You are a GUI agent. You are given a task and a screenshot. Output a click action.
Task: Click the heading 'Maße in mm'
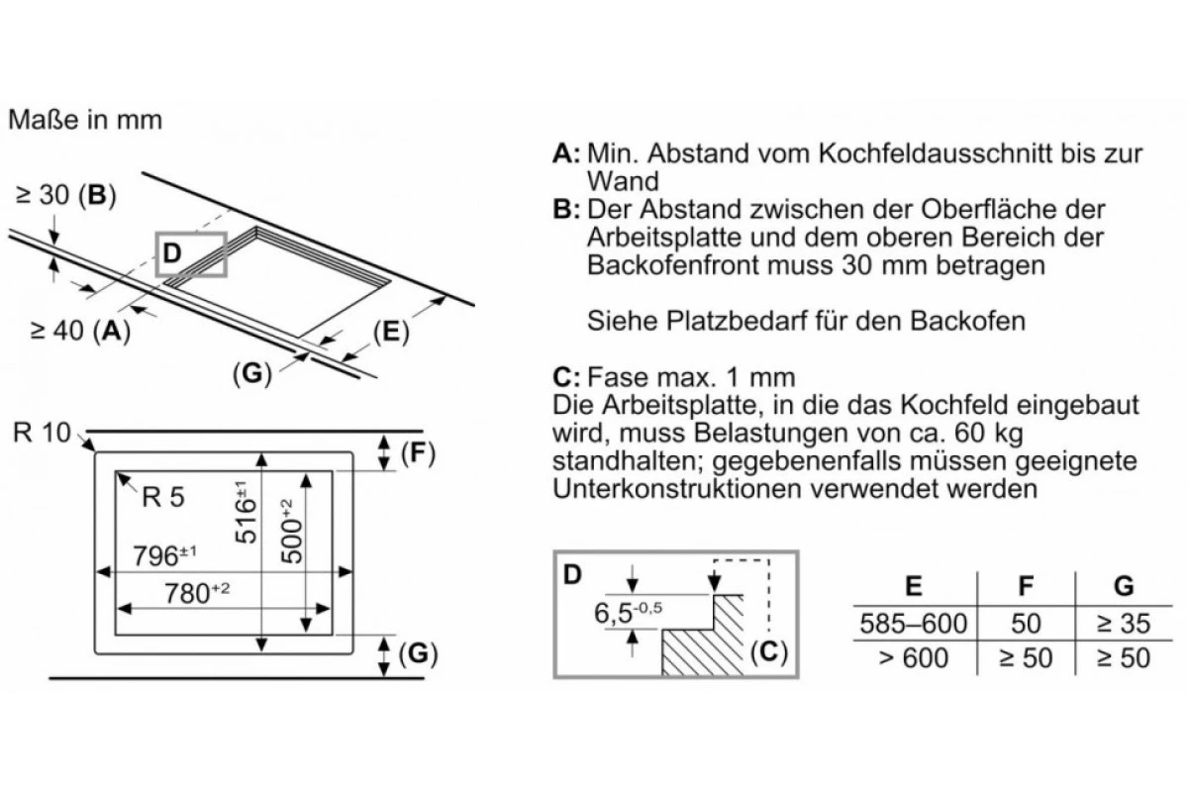coord(85,120)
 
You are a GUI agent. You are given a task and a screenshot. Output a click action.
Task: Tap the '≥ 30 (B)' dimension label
coord(65,195)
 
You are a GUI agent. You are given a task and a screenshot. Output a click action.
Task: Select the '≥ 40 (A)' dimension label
coord(80,331)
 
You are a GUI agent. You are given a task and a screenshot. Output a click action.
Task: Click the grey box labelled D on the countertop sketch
coord(191,254)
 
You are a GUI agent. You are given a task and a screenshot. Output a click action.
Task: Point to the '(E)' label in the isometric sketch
coord(391,333)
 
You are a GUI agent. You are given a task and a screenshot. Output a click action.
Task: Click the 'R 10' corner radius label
coord(42,433)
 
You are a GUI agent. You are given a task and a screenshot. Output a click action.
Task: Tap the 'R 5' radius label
coord(163,497)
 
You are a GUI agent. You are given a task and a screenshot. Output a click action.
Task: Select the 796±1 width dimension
coord(164,555)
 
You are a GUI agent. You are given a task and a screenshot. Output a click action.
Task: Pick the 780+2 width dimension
coord(197,593)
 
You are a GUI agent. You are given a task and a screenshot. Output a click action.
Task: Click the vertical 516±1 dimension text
coord(246,512)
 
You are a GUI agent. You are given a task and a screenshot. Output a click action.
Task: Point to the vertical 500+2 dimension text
coord(292,531)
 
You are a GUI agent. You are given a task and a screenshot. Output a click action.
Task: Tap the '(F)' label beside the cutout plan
coord(418,453)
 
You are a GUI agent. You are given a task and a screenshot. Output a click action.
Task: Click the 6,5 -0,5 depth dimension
coord(628,613)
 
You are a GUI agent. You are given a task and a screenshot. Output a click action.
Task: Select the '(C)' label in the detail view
coord(769,651)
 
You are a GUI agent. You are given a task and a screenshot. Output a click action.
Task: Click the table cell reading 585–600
coord(913,624)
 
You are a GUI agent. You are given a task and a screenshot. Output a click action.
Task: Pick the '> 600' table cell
coord(913,658)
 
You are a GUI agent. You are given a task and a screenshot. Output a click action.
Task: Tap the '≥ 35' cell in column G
coord(1124,624)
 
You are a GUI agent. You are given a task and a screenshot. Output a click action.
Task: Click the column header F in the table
coord(1026,586)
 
